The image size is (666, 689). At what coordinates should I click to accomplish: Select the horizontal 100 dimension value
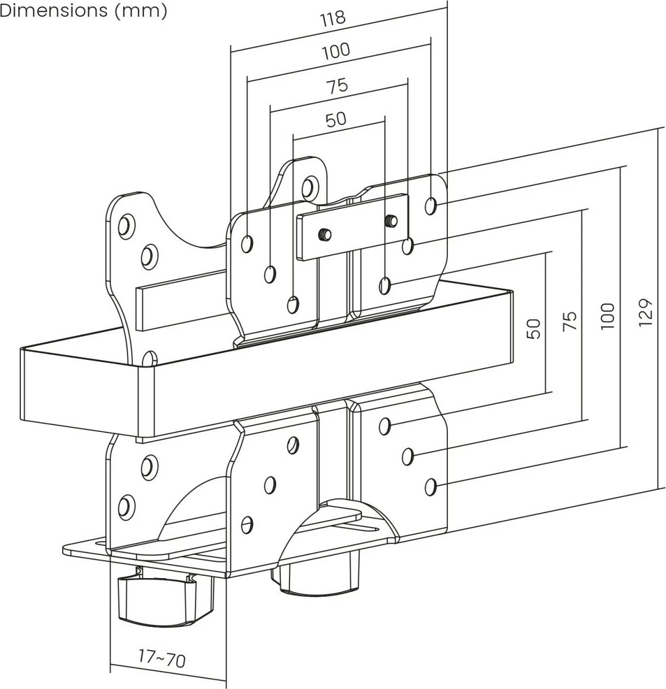click(x=336, y=51)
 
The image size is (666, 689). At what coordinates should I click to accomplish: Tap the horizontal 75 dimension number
click(x=336, y=86)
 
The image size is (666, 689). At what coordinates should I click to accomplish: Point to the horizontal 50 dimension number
click(x=336, y=119)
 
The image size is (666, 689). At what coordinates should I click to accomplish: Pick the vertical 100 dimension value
click(x=607, y=316)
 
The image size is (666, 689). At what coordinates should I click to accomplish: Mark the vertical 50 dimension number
click(x=535, y=329)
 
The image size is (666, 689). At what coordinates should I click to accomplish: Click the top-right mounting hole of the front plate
click(x=431, y=205)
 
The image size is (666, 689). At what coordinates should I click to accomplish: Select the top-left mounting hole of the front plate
click(x=247, y=243)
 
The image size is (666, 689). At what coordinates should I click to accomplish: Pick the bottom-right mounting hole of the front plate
click(x=431, y=486)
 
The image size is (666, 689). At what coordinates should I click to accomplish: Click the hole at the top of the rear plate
click(x=309, y=186)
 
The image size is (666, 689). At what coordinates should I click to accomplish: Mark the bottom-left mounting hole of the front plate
click(x=247, y=523)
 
